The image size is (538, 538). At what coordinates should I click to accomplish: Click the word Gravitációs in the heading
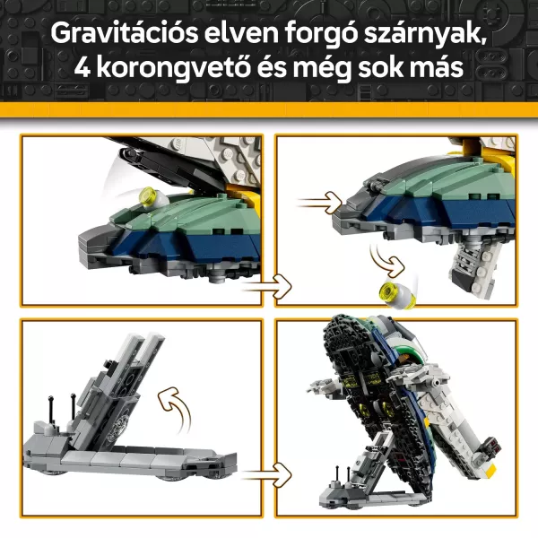point(125,33)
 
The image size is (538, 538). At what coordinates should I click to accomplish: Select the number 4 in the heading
point(82,67)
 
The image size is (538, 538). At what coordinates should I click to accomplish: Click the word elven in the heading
point(241,33)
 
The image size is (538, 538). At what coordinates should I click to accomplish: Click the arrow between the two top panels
point(267,286)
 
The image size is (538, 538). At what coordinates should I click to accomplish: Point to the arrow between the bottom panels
point(267,475)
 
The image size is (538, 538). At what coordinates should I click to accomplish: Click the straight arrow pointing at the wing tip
point(320,204)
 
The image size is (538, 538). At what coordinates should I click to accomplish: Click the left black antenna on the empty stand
point(51,410)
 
